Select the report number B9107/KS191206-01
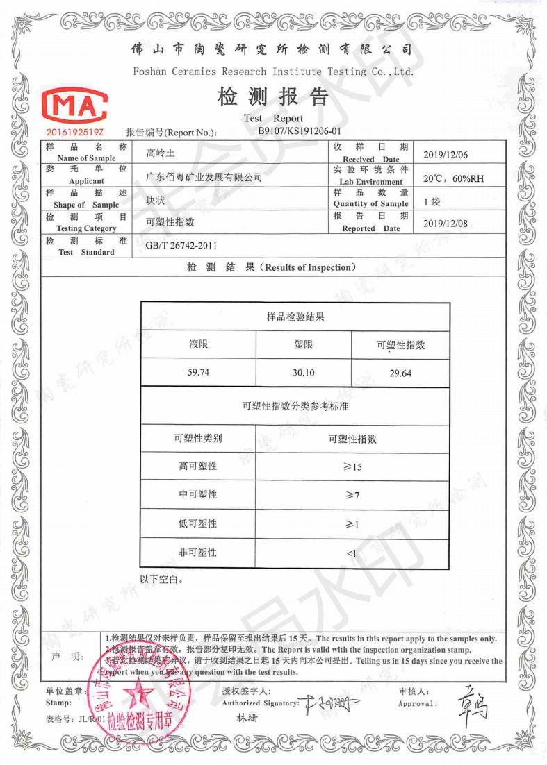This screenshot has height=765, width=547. click(300, 131)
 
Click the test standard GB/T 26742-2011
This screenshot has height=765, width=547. click(177, 246)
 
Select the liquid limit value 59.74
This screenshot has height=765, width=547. click(198, 373)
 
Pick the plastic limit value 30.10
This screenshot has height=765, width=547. click(303, 373)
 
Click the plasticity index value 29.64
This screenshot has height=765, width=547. click(400, 373)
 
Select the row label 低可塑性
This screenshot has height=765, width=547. click(198, 523)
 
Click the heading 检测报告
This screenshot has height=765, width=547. click(272, 97)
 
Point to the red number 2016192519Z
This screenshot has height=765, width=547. click(75, 131)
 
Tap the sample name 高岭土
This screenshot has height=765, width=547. click(162, 154)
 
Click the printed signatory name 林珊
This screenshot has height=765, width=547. click(247, 718)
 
